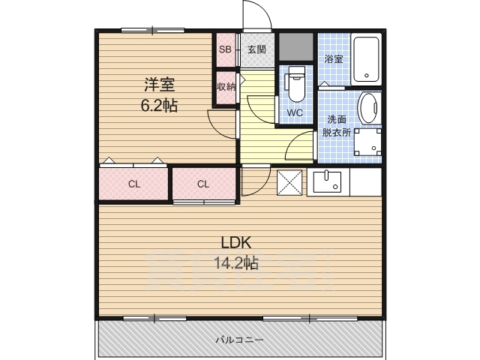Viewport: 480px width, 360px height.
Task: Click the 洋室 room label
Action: point(160,85)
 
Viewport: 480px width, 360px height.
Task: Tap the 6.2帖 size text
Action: point(159,105)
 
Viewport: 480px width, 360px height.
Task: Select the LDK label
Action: point(236,243)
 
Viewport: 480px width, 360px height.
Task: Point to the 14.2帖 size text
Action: point(236,262)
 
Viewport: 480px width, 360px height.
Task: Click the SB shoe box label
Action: point(225,49)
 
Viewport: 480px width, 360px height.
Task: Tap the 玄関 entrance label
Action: point(256,49)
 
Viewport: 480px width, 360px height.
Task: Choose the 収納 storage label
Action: point(226,87)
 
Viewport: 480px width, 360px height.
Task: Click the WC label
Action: point(295,112)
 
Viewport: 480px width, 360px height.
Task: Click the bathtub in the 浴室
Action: point(366,59)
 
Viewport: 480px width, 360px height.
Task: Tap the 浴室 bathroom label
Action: point(334,59)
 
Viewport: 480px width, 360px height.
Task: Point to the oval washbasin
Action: point(369,108)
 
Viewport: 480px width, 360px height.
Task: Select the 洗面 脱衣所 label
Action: point(337,126)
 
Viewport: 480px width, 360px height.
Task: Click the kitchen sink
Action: point(327,181)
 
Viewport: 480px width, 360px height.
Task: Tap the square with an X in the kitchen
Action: point(289,182)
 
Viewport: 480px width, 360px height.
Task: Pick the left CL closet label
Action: point(134,184)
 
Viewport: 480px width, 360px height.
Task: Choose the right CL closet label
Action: point(203,184)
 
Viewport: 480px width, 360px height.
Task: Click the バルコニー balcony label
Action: point(239,340)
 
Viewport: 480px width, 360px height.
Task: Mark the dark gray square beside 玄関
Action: point(295,46)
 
